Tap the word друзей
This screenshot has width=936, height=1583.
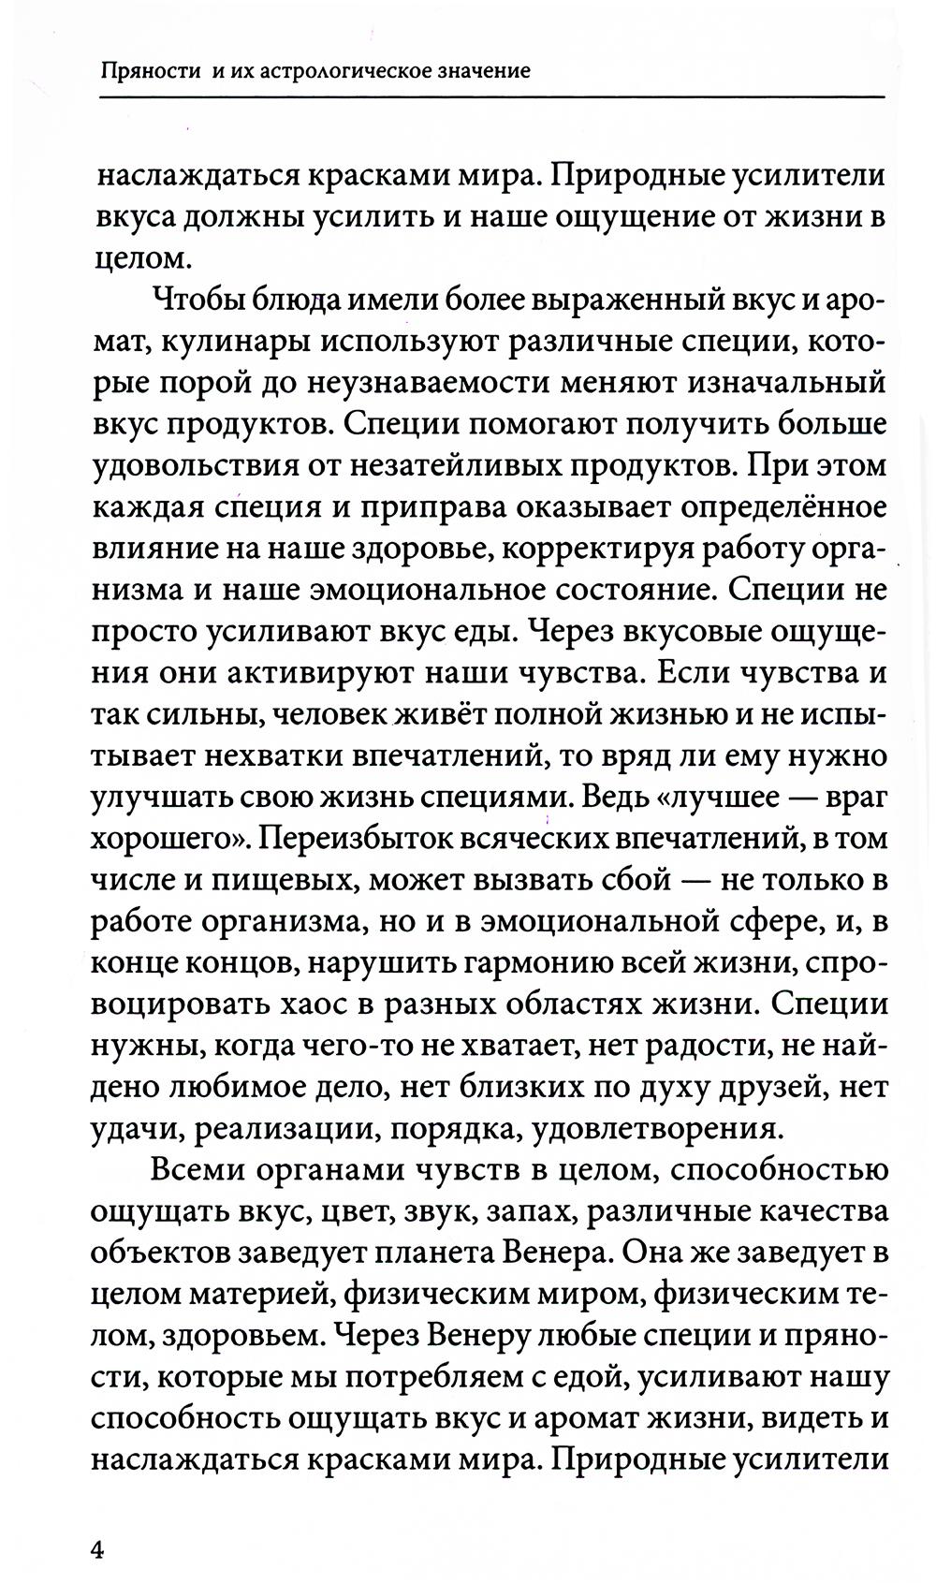click(755, 1088)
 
